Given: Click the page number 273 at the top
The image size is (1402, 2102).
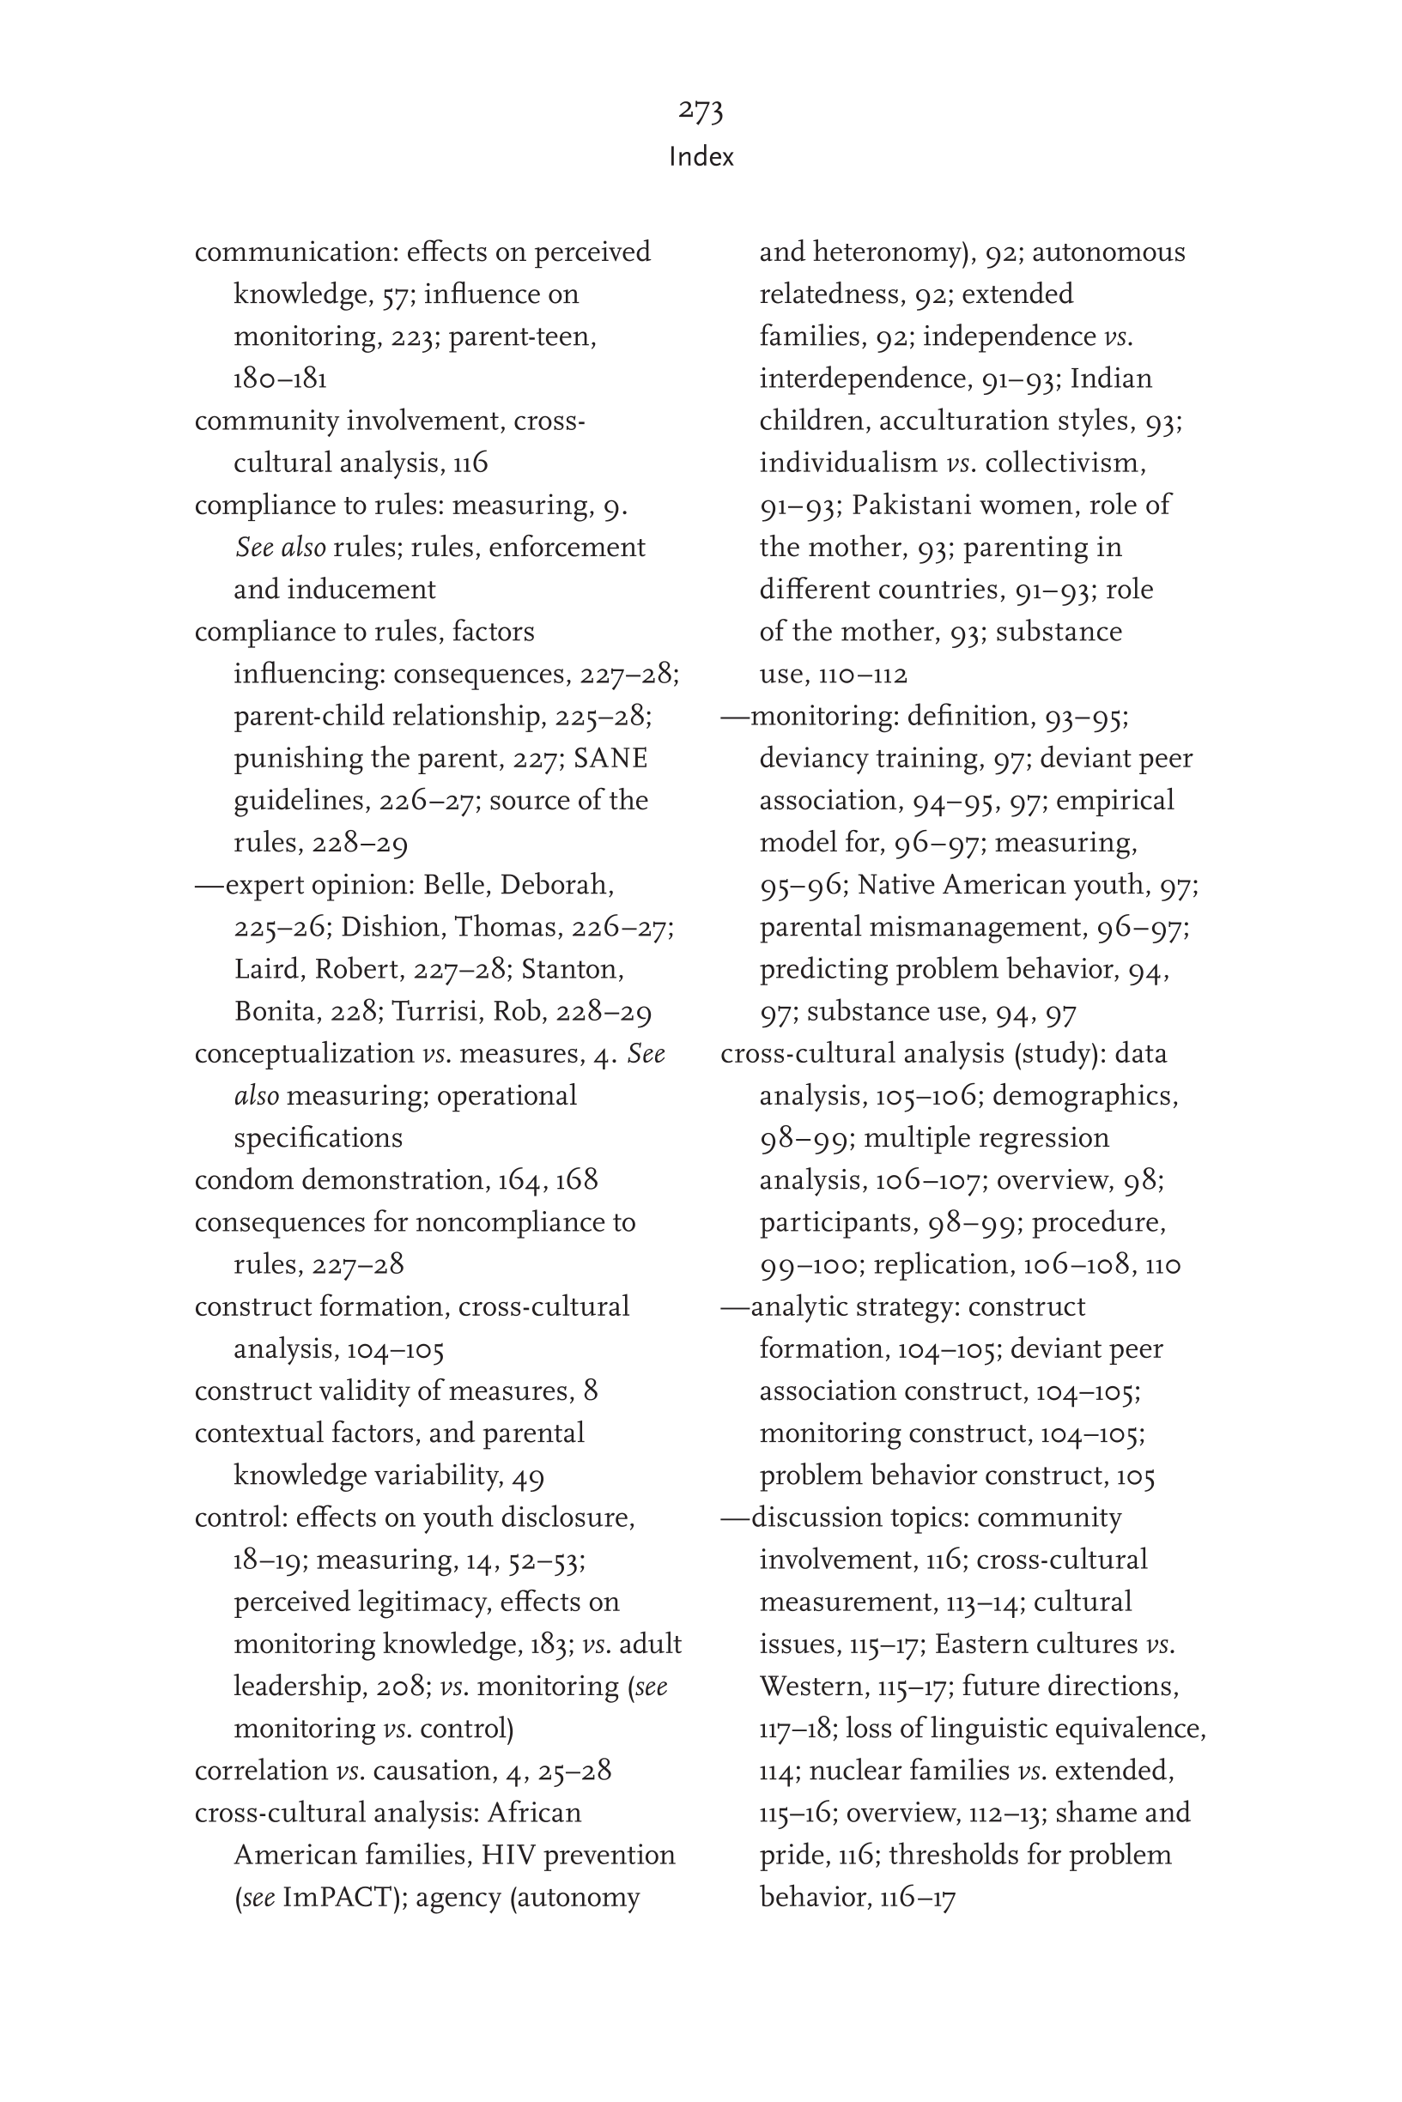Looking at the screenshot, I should tap(700, 111).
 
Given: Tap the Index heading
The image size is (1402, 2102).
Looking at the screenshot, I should tap(701, 157).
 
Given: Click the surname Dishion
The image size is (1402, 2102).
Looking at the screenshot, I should tap(392, 927).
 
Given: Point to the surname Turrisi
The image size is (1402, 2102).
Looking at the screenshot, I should tap(440, 1011).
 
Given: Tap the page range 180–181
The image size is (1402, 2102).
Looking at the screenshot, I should tap(280, 379).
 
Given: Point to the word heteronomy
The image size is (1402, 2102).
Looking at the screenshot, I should tap(892, 253).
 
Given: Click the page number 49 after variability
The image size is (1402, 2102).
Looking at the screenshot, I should tap(528, 1475).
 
